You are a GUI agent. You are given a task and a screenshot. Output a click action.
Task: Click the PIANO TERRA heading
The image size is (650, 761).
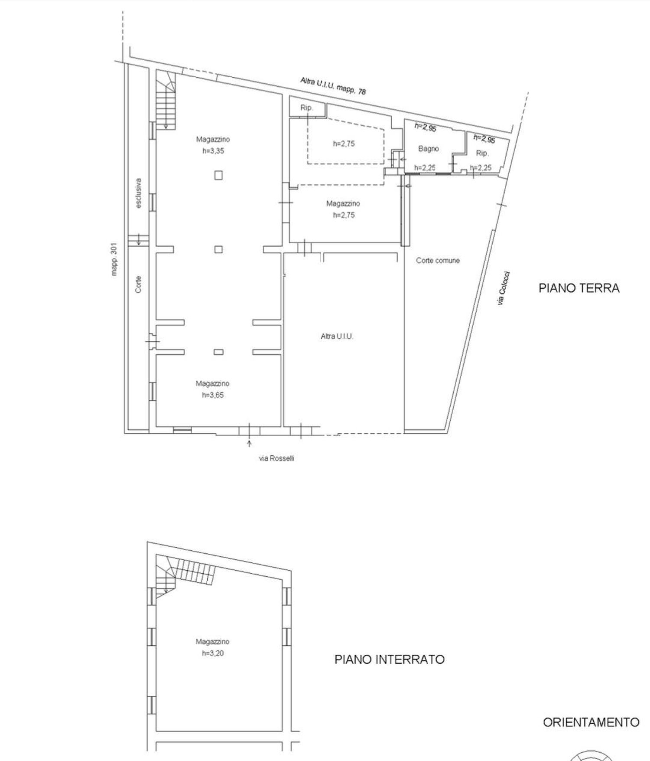click(579, 288)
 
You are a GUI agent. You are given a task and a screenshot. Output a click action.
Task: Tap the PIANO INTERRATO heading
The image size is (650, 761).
click(390, 660)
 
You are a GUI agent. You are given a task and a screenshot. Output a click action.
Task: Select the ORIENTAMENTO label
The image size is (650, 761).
click(591, 722)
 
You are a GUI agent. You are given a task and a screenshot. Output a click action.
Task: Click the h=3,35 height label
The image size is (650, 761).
click(213, 151)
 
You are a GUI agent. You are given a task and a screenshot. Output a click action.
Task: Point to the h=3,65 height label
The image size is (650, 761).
click(213, 395)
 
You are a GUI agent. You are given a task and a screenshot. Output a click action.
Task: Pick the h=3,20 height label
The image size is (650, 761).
click(213, 653)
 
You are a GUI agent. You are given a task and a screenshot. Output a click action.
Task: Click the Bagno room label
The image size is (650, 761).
click(428, 149)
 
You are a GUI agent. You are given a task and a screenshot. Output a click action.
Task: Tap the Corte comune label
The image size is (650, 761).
click(438, 261)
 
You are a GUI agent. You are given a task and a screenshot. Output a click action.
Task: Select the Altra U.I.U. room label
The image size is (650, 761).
click(337, 336)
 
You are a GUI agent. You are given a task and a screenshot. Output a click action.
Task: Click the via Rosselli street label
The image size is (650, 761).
click(276, 459)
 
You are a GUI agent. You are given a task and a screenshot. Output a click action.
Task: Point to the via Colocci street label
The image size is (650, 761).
click(504, 289)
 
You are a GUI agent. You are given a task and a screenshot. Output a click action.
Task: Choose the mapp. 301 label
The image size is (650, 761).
click(114, 259)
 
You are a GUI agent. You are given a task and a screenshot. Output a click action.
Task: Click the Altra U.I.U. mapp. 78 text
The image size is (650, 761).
click(333, 86)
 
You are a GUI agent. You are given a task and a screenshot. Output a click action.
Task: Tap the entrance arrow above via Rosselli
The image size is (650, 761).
click(249, 443)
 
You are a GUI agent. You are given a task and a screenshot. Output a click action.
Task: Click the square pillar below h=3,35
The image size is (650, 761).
click(218, 175)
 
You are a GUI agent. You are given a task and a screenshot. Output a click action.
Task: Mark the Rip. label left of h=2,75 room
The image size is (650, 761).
click(306, 108)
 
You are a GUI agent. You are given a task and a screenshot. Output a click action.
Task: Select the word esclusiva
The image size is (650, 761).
click(139, 193)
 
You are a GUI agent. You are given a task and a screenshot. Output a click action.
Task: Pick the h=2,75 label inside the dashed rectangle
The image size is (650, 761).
click(344, 144)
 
